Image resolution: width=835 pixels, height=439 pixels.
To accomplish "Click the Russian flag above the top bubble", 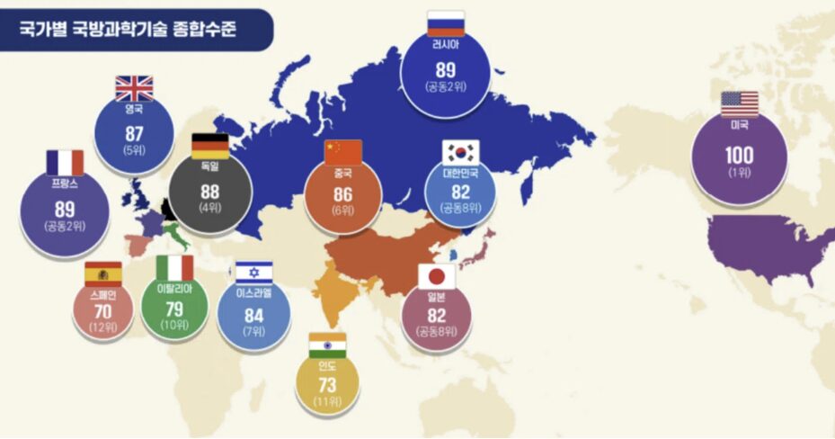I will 446,23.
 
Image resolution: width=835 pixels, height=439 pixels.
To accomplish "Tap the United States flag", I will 739,103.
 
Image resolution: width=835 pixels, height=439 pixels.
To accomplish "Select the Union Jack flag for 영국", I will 134,88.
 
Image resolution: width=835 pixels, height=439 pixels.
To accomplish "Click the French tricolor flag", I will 65,163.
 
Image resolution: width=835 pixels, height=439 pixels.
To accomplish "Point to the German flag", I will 210,146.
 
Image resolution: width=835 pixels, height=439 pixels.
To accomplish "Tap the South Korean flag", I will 462,151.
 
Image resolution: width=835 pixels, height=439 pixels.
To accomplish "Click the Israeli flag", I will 253,272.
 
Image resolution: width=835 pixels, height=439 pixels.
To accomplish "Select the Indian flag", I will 327,345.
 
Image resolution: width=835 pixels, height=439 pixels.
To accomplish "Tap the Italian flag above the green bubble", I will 174,268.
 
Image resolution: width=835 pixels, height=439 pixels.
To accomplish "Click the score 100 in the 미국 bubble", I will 739,155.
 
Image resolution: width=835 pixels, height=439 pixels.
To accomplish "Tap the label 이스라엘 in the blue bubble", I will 253,292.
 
